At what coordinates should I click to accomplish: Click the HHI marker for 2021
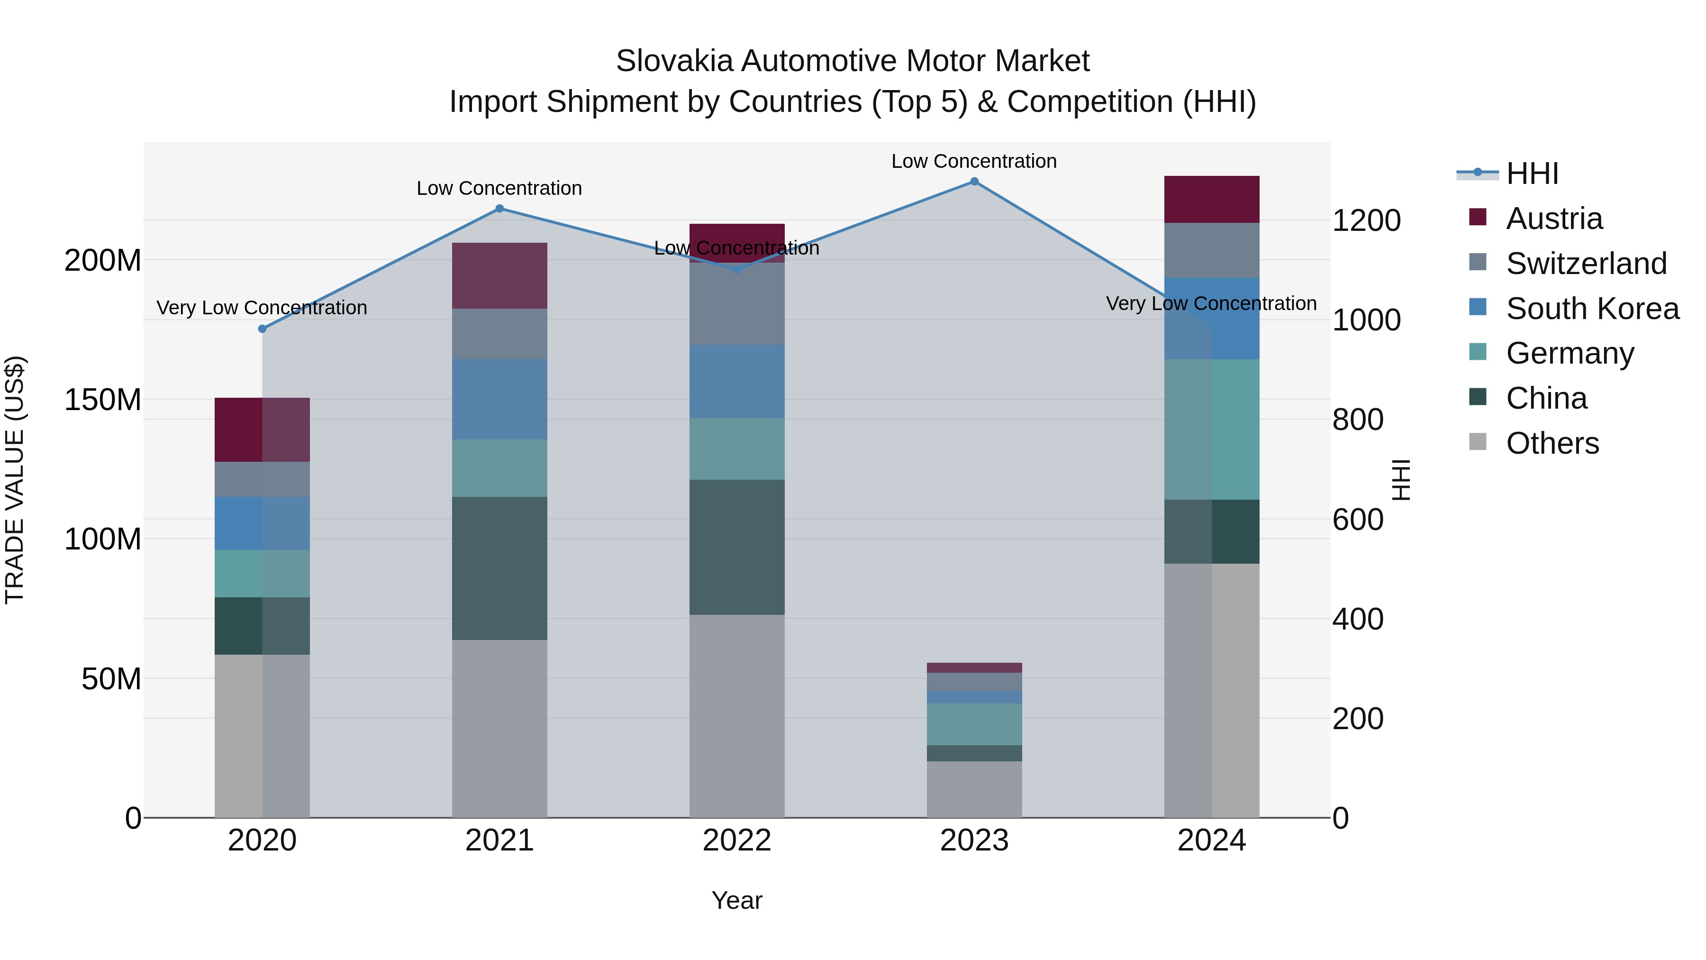click(499, 209)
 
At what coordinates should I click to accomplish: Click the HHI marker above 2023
click(973, 182)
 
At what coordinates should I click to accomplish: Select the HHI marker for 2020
click(262, 329)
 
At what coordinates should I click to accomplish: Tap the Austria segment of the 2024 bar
click(1211, 200)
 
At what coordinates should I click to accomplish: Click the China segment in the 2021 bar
click(499, 568)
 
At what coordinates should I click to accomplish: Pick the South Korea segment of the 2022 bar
click(736, 381)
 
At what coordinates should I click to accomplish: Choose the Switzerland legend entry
click(1586, 264)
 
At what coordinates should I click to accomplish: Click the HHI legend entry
click(1532, 174)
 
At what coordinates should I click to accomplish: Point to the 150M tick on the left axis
click(103, 400)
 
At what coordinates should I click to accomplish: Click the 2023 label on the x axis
click(973, 841)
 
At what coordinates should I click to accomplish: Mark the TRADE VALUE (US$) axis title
click(15, 480)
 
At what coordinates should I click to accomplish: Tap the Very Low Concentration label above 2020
click(262, 308)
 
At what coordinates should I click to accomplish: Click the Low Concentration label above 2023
click(973, 162)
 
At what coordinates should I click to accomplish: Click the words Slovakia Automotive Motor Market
click(853, 62)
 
